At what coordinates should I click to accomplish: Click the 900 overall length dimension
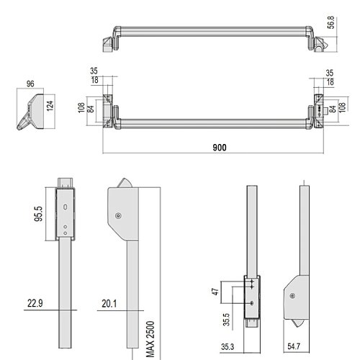tap(220, 148)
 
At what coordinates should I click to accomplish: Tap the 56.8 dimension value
tap(331, 22)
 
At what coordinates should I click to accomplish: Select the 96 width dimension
tap(30, 84)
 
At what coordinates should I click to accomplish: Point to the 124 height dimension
tap(50, 106)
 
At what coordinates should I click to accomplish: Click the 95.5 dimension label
tap(38, 214)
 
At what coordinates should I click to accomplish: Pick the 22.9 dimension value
tap(35, 303)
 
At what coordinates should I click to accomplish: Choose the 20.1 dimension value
tap(109, 304)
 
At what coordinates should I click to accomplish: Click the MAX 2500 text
tap(150, 339)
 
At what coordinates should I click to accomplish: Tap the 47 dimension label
tap(215, 292)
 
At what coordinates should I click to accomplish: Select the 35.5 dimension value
tap(226, 319)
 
